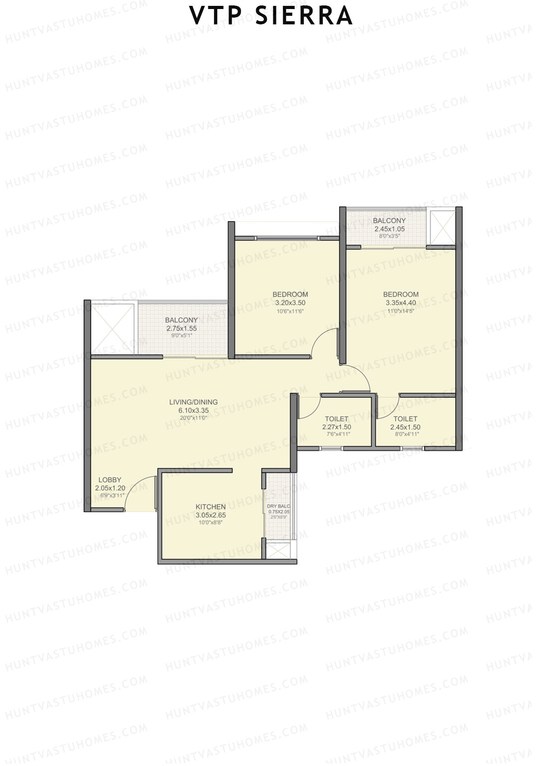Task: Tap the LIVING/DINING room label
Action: point(193,402)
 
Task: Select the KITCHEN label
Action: point(210,507)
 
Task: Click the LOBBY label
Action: point(110,480)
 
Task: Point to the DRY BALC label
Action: point(278,506)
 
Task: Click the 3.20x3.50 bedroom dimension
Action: point(290,303)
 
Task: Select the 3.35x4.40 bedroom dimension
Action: point(402,302)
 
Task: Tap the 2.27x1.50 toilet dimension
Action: point(336,427)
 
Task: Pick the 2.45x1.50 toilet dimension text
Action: point(405,427)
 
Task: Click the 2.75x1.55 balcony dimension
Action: point(182,329)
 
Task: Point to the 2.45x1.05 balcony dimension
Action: point(389,229)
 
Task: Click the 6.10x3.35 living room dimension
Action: point(193,410)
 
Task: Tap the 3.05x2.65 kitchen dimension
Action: point(210,515)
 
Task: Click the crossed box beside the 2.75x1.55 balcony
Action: point(113,329)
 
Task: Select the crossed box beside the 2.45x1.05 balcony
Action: point(443,227)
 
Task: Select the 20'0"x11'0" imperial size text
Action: point(193,418)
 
